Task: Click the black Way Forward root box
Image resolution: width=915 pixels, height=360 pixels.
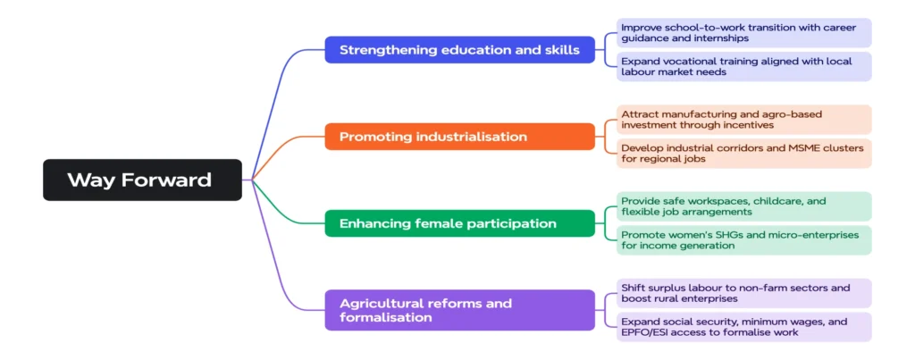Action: [x=142, y=180]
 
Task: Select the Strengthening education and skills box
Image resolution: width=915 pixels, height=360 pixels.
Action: [x=459, y=50]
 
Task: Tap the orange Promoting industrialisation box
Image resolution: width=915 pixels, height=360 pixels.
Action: [x=459, y=137]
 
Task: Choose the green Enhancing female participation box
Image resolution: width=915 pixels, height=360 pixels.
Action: [x=459, y=223]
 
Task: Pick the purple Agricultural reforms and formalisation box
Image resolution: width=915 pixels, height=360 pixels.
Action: [x=459, y=310]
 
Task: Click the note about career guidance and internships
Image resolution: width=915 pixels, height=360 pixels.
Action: [x=743, y=33]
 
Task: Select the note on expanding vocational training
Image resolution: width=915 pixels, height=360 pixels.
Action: [x=743, y=66]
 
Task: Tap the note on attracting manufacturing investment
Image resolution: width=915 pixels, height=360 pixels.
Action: [x=743, y=120]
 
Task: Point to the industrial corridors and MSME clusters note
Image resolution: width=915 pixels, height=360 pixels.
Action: [x=743, y=153]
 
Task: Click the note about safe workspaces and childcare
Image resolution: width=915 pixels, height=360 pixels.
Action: [x=743, y=206]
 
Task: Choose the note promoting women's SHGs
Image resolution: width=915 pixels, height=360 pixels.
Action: [x=743, y=239]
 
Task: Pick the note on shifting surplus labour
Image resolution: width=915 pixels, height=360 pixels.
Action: [x=743, y=293]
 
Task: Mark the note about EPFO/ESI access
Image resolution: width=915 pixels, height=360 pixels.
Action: [x=743, y=326]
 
